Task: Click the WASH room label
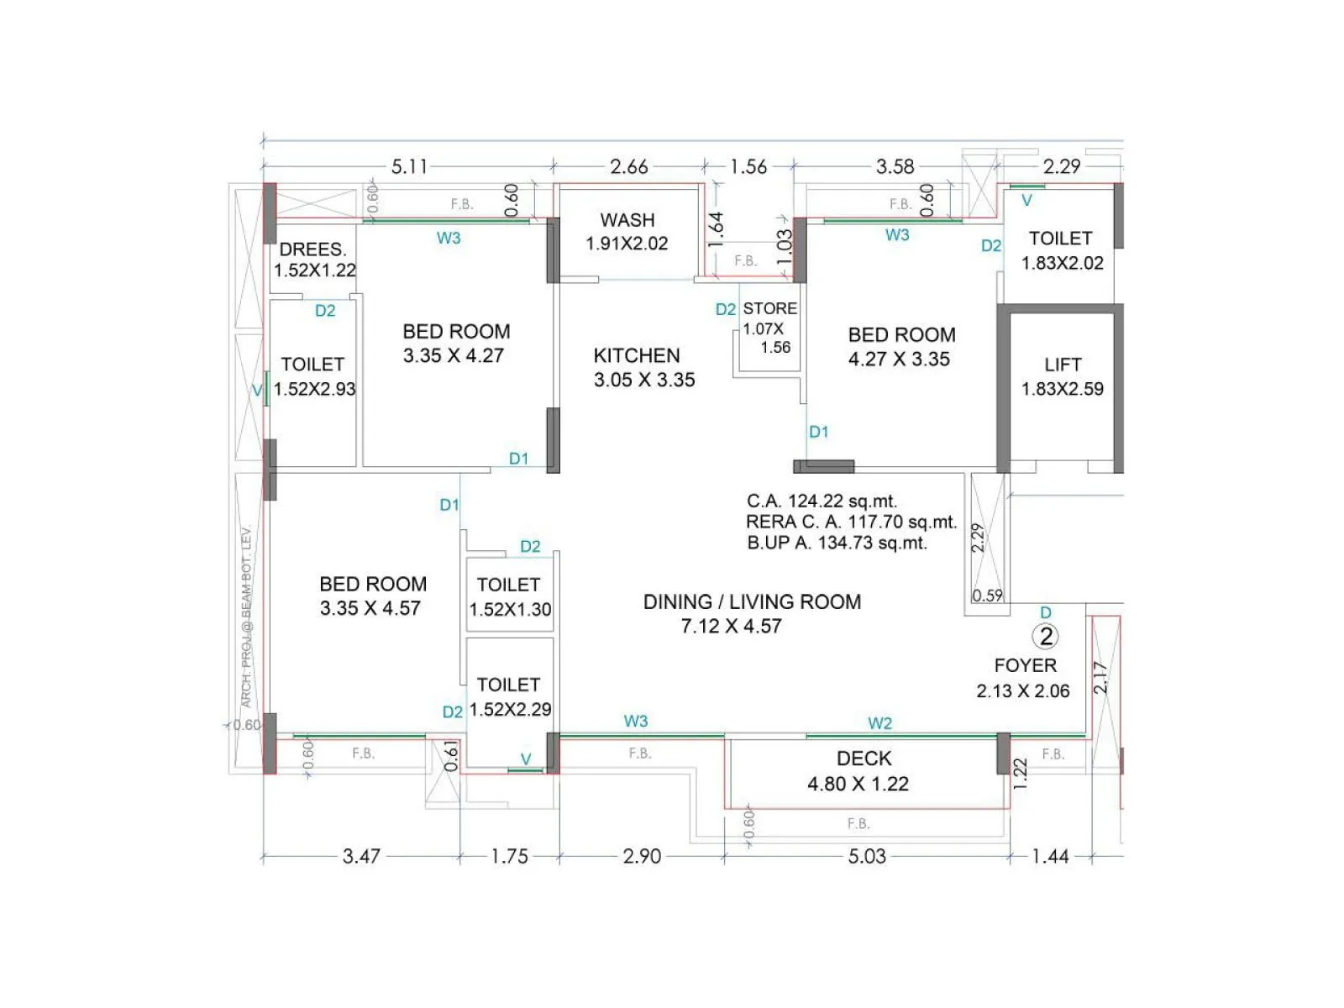pyautogui.click(x=627, y=231)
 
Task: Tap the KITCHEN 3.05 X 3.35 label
pyautogui.click(x=643, y=367)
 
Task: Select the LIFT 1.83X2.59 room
pyautogui.click(x=1062, y=376)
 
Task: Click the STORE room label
pyautogui.click(x=769, y=309)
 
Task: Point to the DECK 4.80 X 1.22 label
pyautogui.click(x=862, y=771)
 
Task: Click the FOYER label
pyautogui.click(x=1025, y=666)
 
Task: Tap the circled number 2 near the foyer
pyautogui.click(x=1046, y=638)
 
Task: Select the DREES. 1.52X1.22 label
pyautogui.click(x=313, y=260)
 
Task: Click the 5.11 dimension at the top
pyautogui.click(x=409, y=166)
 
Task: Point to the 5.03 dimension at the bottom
pyautogui.click(x=866, y=856)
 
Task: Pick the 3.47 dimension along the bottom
pyautogui.click(x=361, y=856)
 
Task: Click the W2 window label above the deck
pyautogui.click(x=879, y=723)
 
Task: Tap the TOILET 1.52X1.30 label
pyautogui.click(x=509, y=597)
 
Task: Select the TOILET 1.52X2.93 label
pyautogui.click(x=313, y=376)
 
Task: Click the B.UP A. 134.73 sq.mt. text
pyautogui.click(x=837, y=543)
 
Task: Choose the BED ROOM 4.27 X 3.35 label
pyautogui.click(x=900, y=347)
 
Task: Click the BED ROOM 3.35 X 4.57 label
pyautogui.click(x=372, y=596)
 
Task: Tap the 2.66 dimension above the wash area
pyautogui.click(x=628, y=166)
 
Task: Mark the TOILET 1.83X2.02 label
pyautogui.click(x=1061, y=250)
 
